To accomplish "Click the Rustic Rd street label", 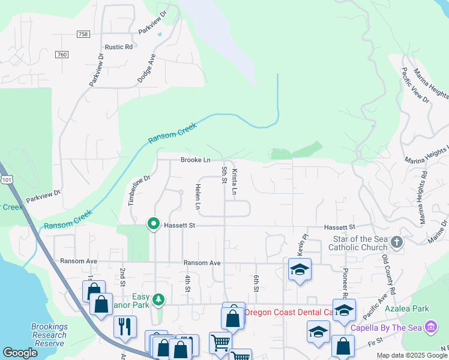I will click(x=119, y=47).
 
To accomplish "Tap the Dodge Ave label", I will click(x=146, y=68).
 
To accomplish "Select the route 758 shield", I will click(x=83, y=34).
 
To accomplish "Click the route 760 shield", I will click(x=61, y=55).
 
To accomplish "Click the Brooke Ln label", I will click(x=195, y=160).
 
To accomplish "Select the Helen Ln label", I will click(x=197, y=196).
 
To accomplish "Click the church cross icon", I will click(x=396, y=242).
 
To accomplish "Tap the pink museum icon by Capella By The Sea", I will click(x=430, y=327).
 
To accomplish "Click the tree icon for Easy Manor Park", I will click(x=158, y=298).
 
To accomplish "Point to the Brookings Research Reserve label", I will click(x=49, y=335).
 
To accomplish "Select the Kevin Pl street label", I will click(x=300, y=244).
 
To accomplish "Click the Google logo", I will click(x=20, y=353).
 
